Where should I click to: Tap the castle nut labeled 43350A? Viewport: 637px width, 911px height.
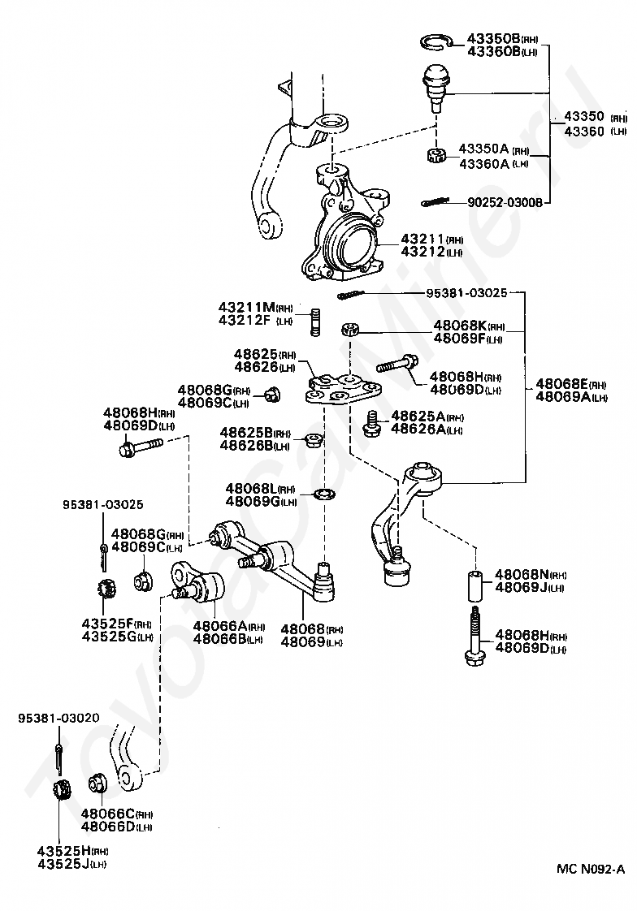[435, 155]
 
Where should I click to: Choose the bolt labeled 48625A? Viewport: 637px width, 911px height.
[370, 424]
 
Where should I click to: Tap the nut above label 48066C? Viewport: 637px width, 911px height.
[97, 784]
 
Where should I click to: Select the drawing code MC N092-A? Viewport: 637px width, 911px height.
[591, 869]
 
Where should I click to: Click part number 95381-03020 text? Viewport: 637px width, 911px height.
[58, 718]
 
